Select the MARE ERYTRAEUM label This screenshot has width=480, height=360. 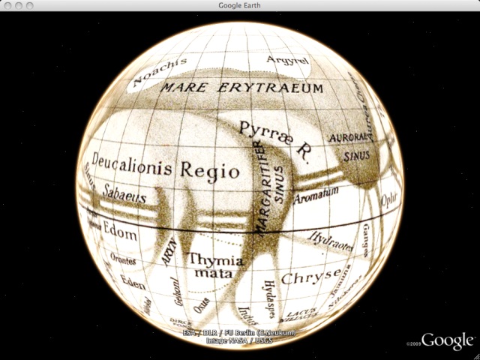[x=244, y=88]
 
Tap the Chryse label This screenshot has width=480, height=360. [x=311, y=276]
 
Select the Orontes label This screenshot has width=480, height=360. [x=122, y=259]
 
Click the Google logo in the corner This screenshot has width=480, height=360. [x=448, y=340]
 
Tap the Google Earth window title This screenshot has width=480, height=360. [x=240, y=5]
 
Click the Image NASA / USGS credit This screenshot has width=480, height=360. [x=239, y=340]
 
